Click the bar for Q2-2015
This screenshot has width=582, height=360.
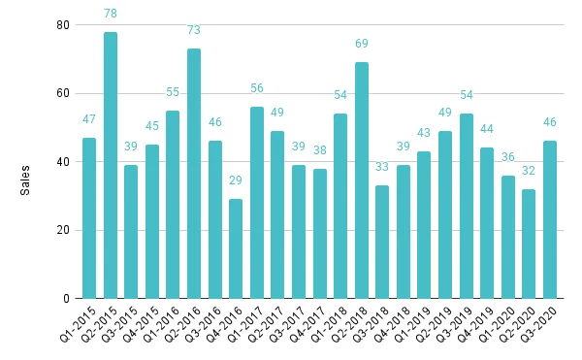tap(111, 165)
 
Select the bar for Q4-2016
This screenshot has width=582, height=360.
tap(236, 248)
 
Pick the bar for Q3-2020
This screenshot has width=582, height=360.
tap(550, 219)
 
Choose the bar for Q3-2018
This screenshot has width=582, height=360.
tap(382, 242)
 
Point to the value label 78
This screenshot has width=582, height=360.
tap(111, 14)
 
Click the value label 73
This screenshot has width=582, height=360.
tap(194, 31)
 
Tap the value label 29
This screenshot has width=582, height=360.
tap(236, 181)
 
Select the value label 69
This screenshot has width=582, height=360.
tap(362, 45)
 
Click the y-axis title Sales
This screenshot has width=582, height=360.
tap(26, 180)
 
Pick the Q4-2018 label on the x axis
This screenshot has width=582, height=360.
tap(392, 324)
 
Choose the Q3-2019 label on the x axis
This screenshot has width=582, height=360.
tap(455, 324)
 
